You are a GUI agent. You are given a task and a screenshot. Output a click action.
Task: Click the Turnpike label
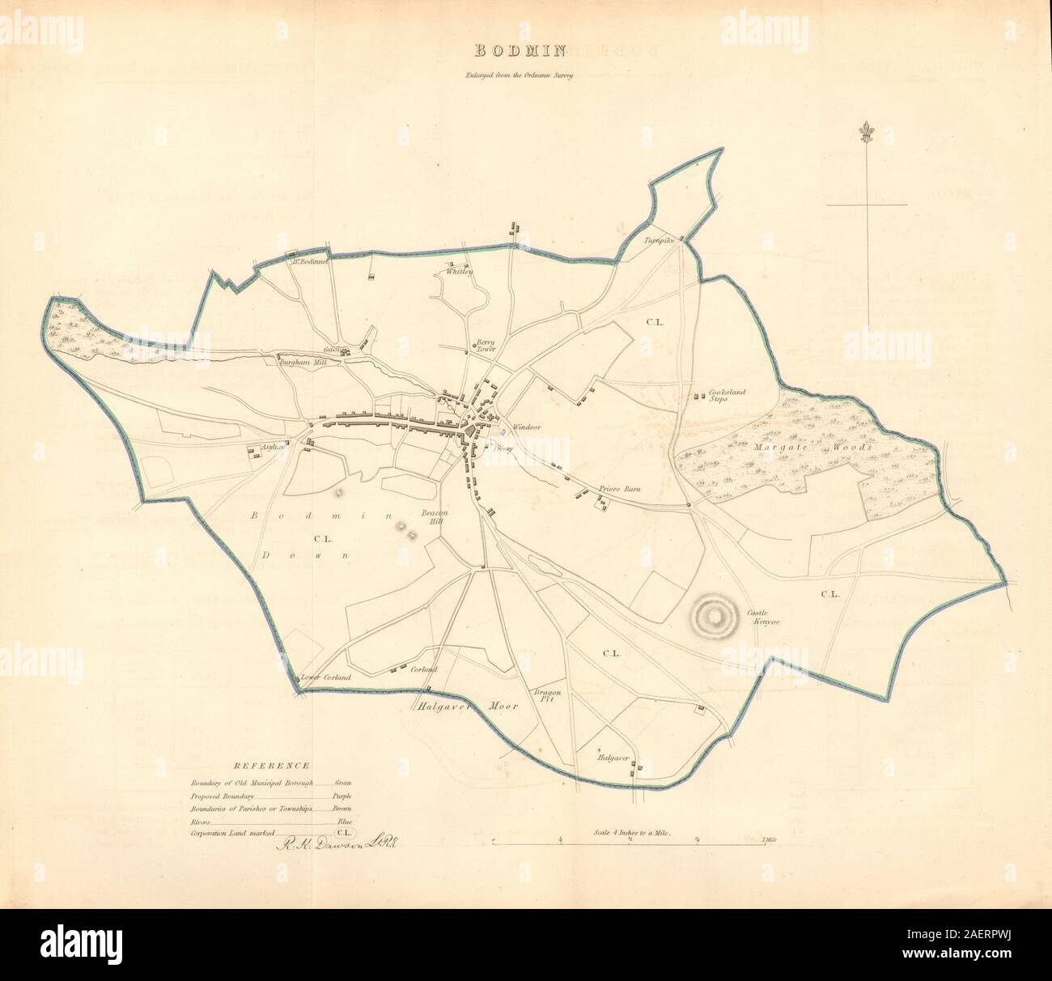(x=659, y=241)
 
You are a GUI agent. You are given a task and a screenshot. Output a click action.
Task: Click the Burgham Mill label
(x=301, y=363)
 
